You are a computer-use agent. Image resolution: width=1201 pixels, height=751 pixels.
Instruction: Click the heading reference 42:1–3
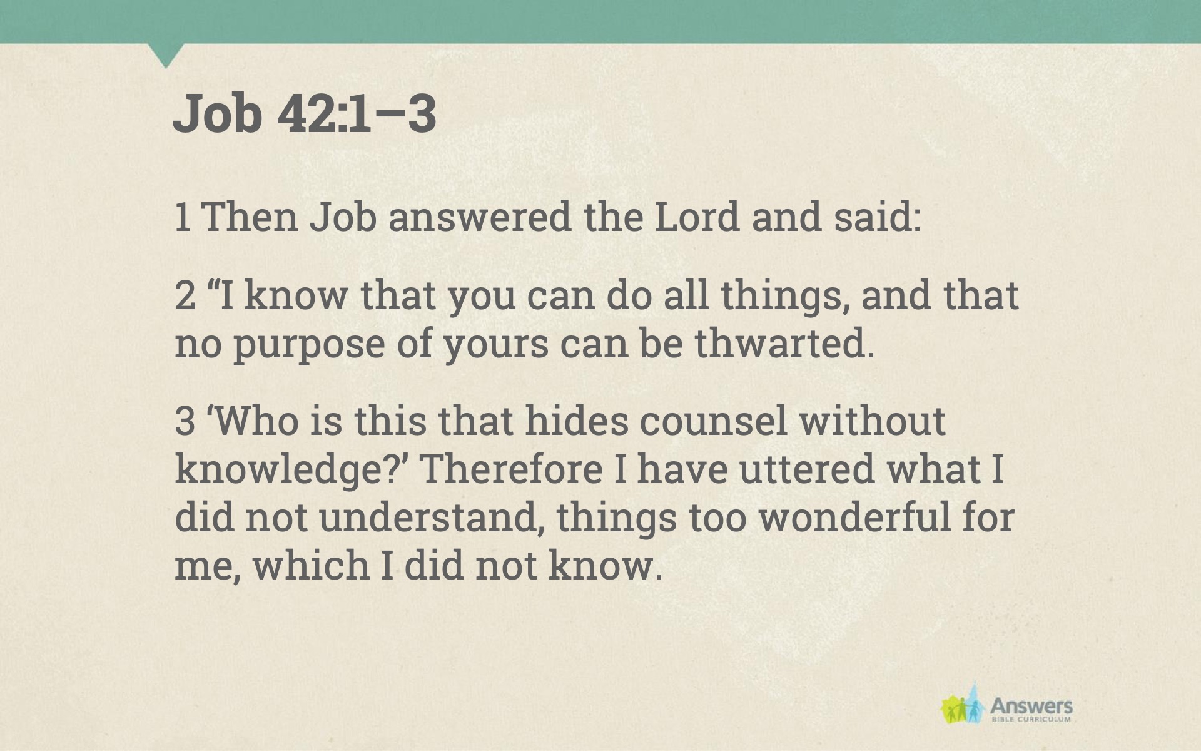click(x=357, y=113)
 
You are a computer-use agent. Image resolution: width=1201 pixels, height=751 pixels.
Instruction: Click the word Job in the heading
click(x=216, y=113)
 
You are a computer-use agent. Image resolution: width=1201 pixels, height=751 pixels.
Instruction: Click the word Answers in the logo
click(x=1031, y=707)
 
